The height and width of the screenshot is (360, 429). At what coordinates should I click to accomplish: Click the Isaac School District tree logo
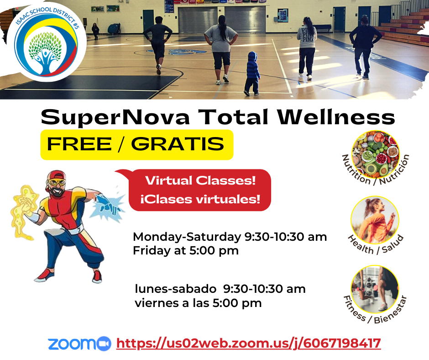click(x=47, y=42)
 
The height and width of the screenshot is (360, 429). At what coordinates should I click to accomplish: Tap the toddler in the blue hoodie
click(x=252, y=74)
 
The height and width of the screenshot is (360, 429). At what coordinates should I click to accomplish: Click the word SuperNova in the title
click(x=115, y=117)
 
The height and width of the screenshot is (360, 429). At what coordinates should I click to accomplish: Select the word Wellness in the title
click(x=336, y=117)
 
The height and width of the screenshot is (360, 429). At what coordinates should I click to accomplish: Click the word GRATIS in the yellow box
click(x=178, y=144)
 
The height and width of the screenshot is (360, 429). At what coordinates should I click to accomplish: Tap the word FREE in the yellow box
click(x=79, y=144)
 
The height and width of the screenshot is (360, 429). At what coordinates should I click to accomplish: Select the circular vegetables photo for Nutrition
click(x=375, y=154)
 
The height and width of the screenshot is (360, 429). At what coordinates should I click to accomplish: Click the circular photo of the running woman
click(x=375, y=220)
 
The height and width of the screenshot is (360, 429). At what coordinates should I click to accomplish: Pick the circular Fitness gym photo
click(x=375, y=290)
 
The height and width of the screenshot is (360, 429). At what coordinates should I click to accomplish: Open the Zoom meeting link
click(x=248, y=343)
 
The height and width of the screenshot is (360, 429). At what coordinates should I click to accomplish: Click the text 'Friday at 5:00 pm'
click(x=186, y=251)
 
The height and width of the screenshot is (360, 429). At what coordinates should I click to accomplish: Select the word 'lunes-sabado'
click(x=175, y=289)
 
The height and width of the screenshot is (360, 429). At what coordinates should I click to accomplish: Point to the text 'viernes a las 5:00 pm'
click(x=198, y=303)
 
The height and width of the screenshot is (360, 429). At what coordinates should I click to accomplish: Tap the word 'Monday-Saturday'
click(x=187, y=237)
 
